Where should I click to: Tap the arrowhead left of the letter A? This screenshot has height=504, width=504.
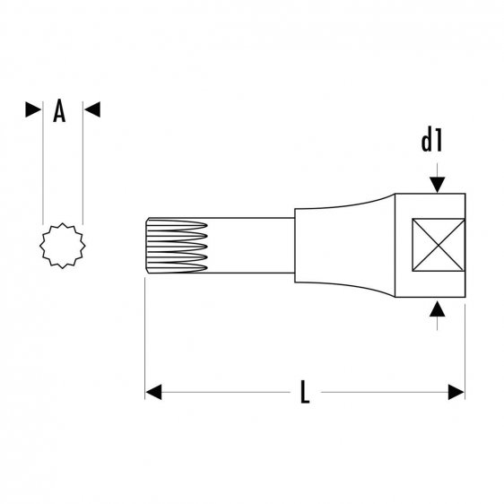pos(33,110)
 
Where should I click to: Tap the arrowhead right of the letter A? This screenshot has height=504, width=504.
pos(91,110)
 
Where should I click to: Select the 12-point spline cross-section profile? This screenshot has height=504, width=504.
pos(61,246)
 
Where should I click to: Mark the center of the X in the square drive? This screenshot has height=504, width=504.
pos(436,246)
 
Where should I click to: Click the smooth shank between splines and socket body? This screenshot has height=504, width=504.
pos(260,246)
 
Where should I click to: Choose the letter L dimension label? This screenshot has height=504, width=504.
pos(304,393)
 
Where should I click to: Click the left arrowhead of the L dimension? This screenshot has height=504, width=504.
pos(154,392)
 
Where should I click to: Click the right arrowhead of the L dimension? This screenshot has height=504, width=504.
pos(456,392)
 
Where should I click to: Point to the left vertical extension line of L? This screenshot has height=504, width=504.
pos(145,341)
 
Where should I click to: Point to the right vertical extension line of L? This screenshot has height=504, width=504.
pos(465,350)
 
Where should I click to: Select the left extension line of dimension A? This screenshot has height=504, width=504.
pos(43,170)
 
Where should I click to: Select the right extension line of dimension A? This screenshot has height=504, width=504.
pos(83,170)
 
